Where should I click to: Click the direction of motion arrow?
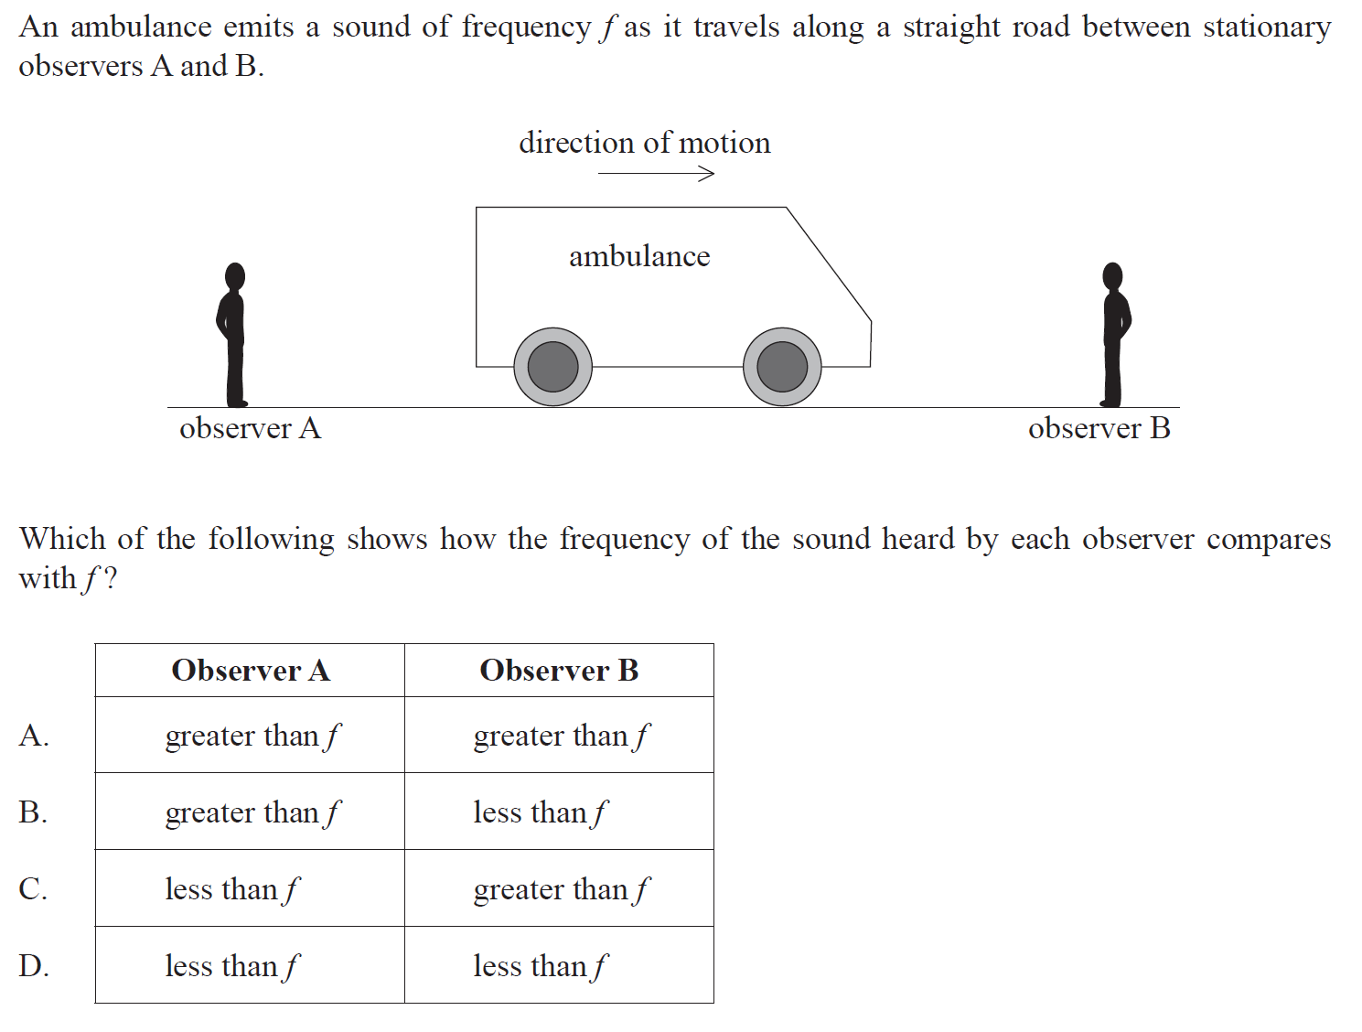[656, 173]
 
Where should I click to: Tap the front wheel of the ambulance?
[782, 367]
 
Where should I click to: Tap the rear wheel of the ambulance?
[552, 367]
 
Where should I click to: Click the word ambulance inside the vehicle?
[639, 256]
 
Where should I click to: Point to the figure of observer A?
[233, 335]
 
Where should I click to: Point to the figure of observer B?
[1114, 335]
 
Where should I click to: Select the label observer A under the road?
[250, 428]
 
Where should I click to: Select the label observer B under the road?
[1099, 428]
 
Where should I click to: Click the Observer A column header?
[251, 671]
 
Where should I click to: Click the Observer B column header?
[559, 671]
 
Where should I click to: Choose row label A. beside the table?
[34, 736]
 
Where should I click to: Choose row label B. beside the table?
[34, 812]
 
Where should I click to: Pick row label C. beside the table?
[34, 889]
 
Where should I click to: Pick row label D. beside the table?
[34, 966]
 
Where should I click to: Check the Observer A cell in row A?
[252, 736]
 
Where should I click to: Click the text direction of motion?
[644, 143]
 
